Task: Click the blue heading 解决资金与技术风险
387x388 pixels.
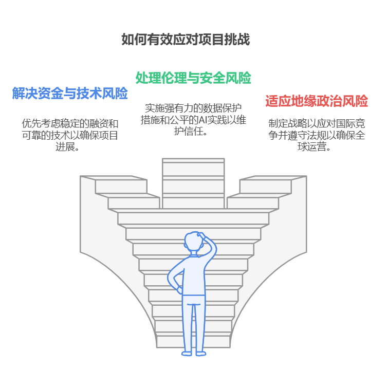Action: click(x=70, y=94)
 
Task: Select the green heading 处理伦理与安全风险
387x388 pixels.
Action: click(x=193, y=78)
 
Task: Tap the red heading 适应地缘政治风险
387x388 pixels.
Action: click(x=317, y=101)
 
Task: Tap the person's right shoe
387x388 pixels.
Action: click(x=201, y=353)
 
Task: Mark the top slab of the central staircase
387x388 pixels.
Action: click(x=193, y=161)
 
